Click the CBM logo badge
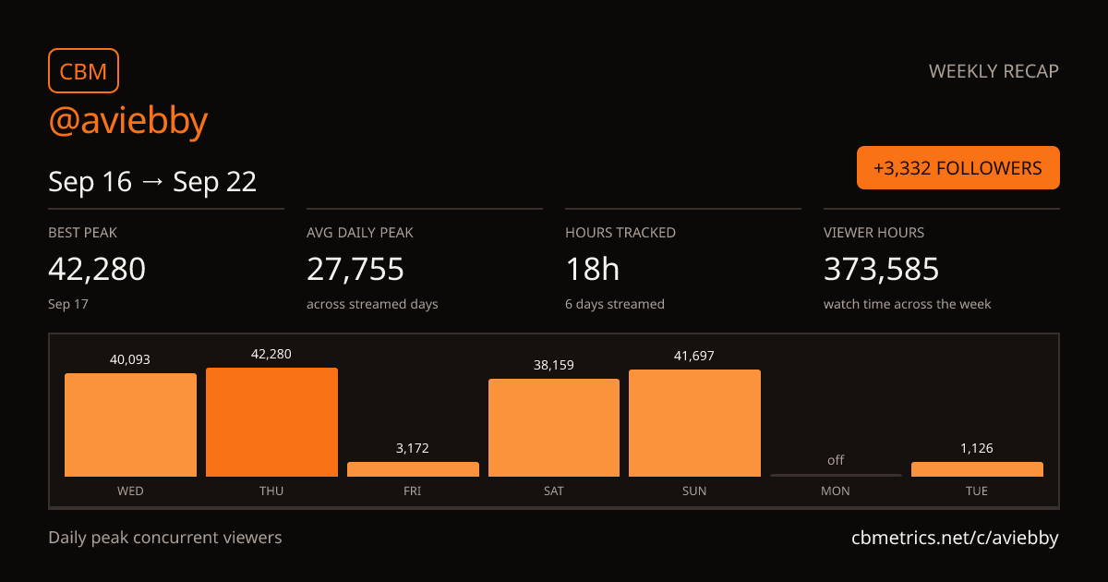(83, 71)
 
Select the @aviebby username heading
(128, 122)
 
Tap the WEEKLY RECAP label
(994, 71)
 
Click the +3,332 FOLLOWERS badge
(958, 168)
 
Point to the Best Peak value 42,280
(97, 269)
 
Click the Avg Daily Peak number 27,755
(355, 269)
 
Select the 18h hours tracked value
(592, 269)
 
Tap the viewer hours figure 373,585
(881, 269)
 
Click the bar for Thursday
(271, 422)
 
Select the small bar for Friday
(413, 469)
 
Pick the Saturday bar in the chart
(553, 428)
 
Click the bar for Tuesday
(977, 469)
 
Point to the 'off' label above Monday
(836, 460)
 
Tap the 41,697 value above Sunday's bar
(694, 356)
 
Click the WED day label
(130, 491)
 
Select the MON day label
(836, 491)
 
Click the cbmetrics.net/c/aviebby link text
(955, 538)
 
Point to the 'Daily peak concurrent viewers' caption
(164, 538)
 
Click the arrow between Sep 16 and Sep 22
(152, 182)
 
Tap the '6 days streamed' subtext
(615, 304)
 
